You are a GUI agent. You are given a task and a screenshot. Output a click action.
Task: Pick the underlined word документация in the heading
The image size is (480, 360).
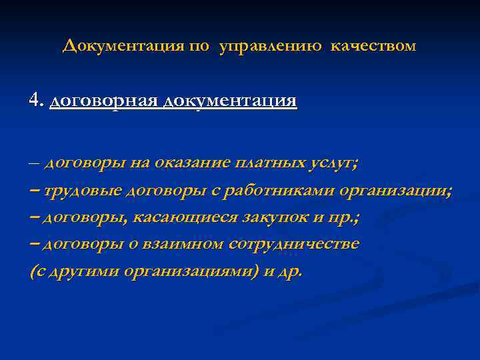pos(229,101)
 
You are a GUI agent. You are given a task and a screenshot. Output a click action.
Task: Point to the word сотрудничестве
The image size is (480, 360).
pos(293,245)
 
